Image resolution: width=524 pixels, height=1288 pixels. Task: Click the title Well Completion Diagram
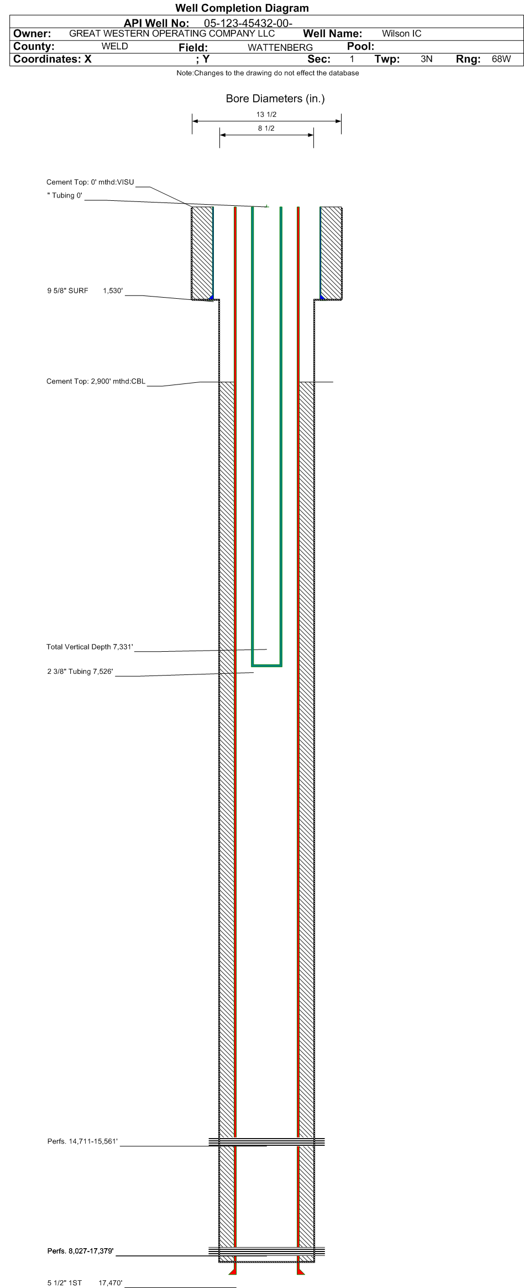pyautogui.click(x=242, y=8)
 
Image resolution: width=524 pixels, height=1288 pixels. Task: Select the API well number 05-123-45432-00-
pyautogui.click(x=248, y=23)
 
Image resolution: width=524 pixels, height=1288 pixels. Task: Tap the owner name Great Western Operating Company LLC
pyautogui.click(x=171, y=33)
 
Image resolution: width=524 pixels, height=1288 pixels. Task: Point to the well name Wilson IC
pyautogui.click(x=401, y=34)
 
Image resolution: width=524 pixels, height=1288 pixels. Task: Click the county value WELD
pyautogui.click(x=114, y=46)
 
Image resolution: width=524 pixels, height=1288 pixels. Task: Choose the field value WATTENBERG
pyautogui.click(x=280, y=48)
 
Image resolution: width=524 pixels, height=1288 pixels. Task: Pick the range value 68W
pyautogui.click(x=501, y=59)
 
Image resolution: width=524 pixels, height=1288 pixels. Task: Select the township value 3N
pyautogui.click(x=426, y=59)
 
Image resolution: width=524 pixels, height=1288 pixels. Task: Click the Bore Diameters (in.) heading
pyautogui.click(x=275, y=98)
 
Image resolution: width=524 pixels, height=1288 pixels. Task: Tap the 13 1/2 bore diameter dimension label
pyautogui.click(x=266, y=115)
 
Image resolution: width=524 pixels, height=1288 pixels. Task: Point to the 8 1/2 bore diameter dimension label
pyautogui.click(x=266, y=128)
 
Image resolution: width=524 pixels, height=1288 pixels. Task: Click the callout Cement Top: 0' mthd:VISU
pyautogui.click(x=90, y=182)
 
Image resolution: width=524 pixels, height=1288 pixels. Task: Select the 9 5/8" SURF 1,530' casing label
pyautogui.click(x=85, y=290)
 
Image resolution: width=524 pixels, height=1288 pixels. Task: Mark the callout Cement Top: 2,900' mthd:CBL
pyautogui.click(x=96, y=381)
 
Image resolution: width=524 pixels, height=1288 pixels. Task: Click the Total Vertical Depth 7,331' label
pyautogui.click(x=90, y=647)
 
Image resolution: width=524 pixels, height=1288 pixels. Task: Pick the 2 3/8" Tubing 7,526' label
pyautogui.click(x=80, y=672)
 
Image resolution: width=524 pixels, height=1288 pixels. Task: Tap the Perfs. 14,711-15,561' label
pyautogui.click(x=82, y=1141)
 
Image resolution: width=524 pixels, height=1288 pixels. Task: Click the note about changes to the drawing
pyautogui.click(x=268, y=73)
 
